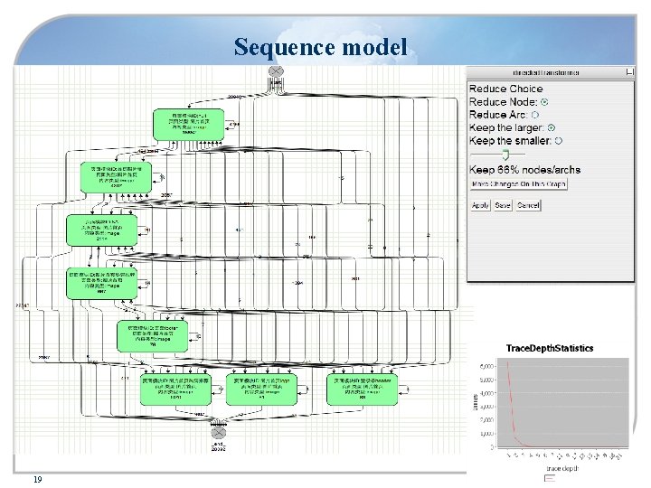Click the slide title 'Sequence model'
click(x=320, y=46)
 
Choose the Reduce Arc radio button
click(x=535, y=115)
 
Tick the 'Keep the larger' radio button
click(x=552, y=127)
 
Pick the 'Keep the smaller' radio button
click(x=558, y=141)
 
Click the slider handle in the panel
click(x=506, y=155)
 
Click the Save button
click(x=503, y=205)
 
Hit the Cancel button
click(x=528, y=205)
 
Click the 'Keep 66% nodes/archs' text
click(x=525, y=170)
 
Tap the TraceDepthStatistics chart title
click(x=550, y=348)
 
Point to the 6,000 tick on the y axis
click(x=486, y=365)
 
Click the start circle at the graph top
click(x=278, y=71)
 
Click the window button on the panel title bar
click(x=630, y=71)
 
